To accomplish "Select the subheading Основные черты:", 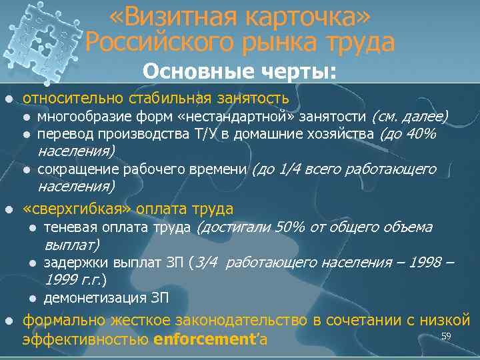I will [x=239, y=71].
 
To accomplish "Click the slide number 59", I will [x=447, y=337].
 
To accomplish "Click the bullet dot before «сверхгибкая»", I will [x=9, y=209].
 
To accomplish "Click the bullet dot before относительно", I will [x=9, y=99].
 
